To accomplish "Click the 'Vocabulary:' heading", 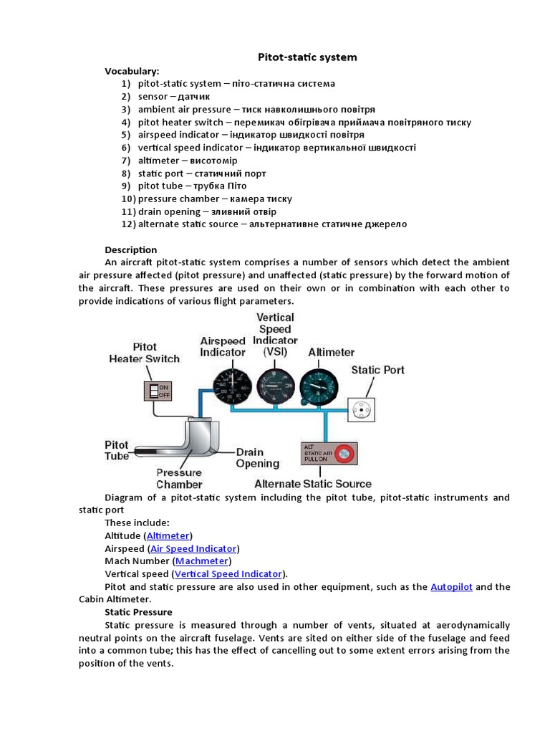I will point(132,71).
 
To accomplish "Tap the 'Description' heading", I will point(130,249).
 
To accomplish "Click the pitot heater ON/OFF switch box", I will point(158,391).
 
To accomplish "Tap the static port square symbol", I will point(362,409).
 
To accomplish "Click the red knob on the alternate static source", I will point(345,453).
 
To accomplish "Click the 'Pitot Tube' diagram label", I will point(117,450).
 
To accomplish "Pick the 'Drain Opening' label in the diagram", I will point(259,457).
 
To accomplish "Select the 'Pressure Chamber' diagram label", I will point(179,478).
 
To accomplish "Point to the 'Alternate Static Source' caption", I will point(313,484).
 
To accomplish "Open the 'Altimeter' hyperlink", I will point(168,535).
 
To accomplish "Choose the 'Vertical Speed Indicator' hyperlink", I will point(228,574).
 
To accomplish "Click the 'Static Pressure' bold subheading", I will point(138,612).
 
